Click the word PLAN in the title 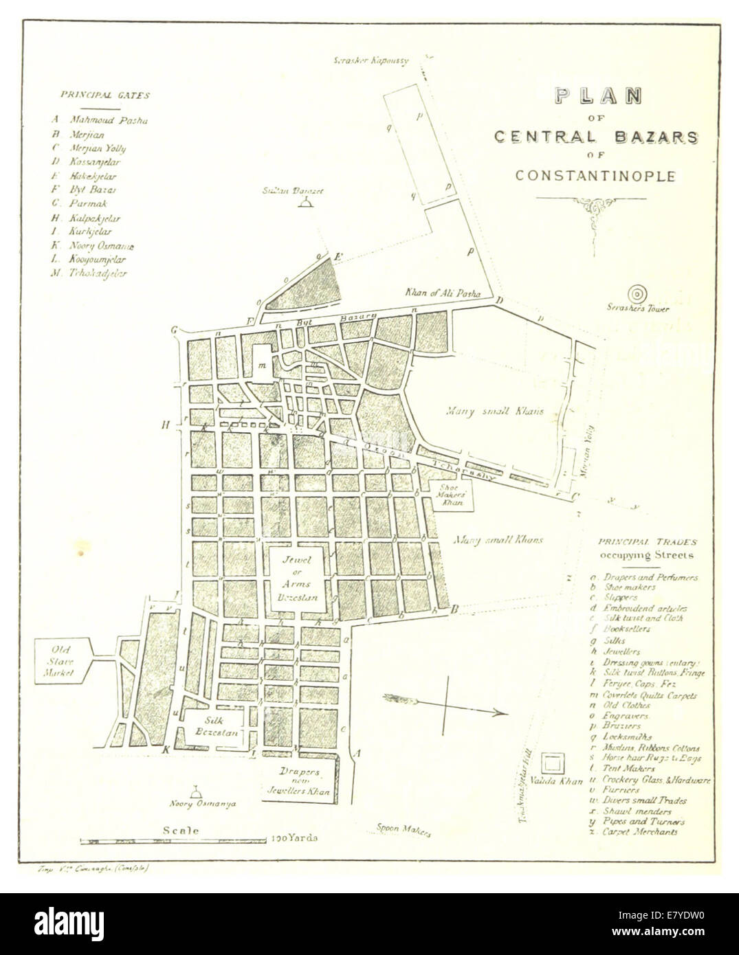597,96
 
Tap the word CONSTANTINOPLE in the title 595,176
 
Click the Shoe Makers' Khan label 452,495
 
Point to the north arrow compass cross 447,704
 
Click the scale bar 173,840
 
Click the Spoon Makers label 404,829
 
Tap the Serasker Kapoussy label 371,60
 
